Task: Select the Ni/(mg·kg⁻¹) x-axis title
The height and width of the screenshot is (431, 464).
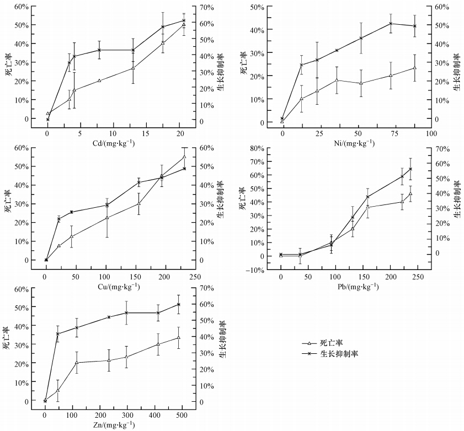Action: [347, 143]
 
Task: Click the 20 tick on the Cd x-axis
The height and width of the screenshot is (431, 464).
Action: [180, 134]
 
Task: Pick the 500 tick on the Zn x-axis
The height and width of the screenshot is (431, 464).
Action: [182, 414]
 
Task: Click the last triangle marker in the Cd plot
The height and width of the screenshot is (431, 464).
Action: [184, 25]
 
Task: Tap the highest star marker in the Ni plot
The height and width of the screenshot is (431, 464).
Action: [391, 23]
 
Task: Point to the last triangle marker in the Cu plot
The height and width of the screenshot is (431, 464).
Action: [184, 157]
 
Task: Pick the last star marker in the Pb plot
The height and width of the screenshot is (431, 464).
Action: [410, 169]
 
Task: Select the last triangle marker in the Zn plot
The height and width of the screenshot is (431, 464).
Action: [178, 338]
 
